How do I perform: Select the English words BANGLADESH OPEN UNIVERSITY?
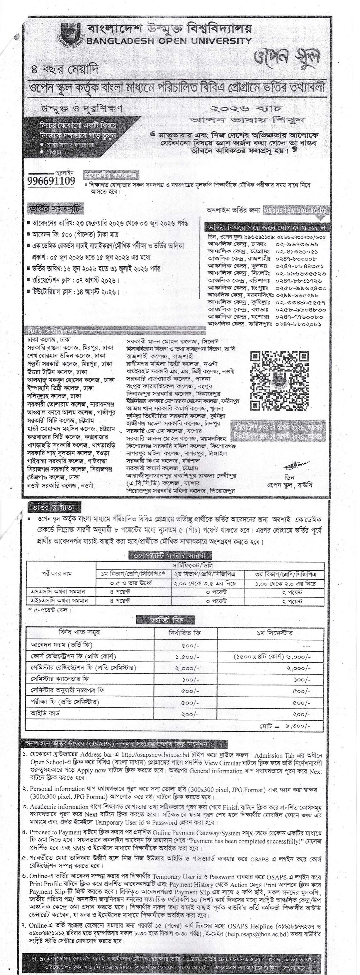coord(169,41)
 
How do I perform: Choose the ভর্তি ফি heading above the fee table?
coord(165,620)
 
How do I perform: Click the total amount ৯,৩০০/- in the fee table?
coord(298,726)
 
